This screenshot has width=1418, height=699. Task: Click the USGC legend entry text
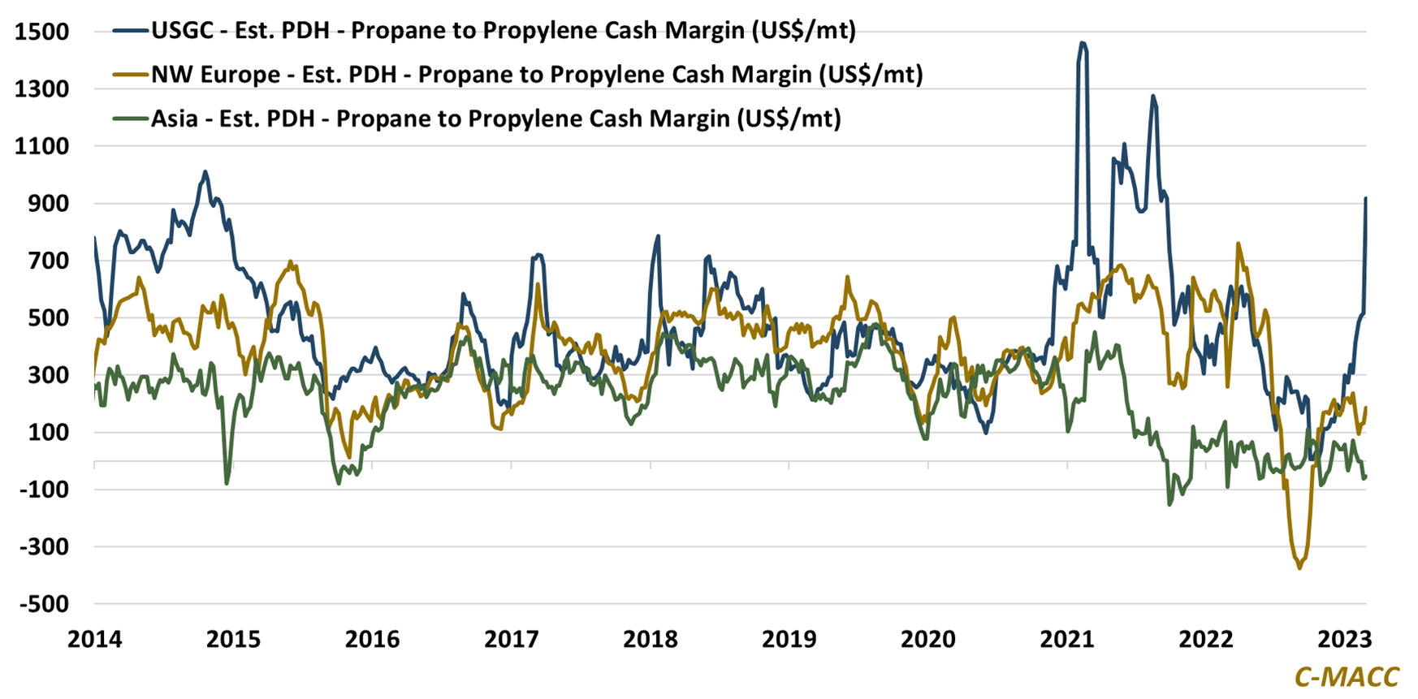point(504,31)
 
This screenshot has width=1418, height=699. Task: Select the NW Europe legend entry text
point(537,75)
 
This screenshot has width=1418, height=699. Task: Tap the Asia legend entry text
point(495,119)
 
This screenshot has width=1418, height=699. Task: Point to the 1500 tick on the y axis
point(41,32)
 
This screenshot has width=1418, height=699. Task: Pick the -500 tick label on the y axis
point(41,604)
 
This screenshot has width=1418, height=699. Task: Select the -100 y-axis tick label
point(41,490)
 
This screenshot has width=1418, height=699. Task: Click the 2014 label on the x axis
point(94,639)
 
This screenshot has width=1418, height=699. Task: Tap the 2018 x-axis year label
point(650,639)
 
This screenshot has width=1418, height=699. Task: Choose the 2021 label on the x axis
point(1067,639)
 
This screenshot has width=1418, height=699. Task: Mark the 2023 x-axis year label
point(1344,639)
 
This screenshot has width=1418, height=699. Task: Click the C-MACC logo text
point(1347,676)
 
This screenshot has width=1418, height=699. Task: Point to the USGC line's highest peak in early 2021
point(1082,43)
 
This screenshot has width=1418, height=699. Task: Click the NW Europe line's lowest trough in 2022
point(1299,567)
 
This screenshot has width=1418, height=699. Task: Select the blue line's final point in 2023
point(1366,198)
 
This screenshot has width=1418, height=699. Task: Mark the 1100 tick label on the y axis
point(41,146)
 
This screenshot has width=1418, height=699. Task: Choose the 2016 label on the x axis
point(372,639)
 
